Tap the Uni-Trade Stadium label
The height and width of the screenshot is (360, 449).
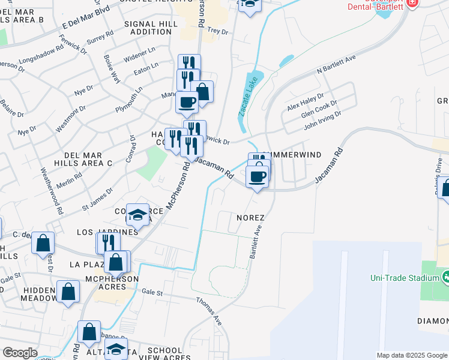pos(405,278)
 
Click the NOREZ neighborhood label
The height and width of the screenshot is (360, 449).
pos(251,217)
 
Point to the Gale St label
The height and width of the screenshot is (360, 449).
pos(152,292)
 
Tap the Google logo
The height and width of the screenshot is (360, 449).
pos(20,353)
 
